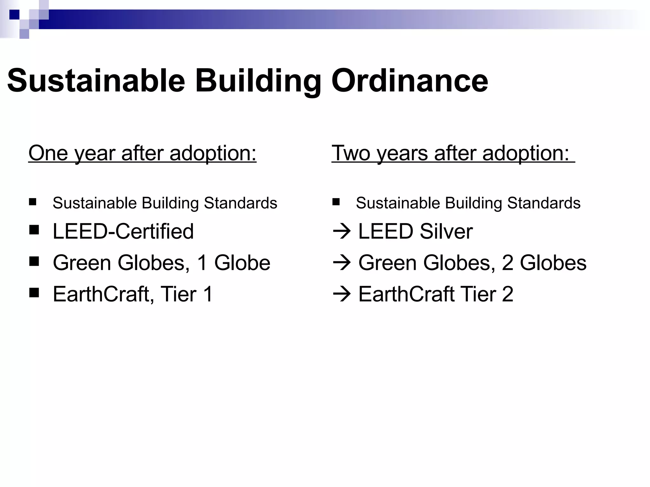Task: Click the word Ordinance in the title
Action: click(x=409, y=81)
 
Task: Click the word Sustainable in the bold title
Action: click(x=96, y=81)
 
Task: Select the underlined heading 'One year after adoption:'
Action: click(x=142, y=153)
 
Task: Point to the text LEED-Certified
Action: click(x=123, y=231)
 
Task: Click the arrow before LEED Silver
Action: click(x=342, y=231)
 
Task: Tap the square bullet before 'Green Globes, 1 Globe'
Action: click(x=34, y=262)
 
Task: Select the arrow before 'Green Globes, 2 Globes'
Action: click(x=342, y=263)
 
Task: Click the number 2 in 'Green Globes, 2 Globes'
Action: click(x=507, y=263)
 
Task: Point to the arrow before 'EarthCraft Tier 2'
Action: click(x=342, y=294)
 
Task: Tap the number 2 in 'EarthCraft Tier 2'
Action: click(x=507, y=294)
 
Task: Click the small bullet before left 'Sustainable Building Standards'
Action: click(x=32, y=202)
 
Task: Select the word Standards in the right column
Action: click(x=544, y=203)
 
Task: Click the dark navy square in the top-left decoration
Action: click(x=14, y=15)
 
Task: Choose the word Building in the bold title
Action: click(x=258, y=81)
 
